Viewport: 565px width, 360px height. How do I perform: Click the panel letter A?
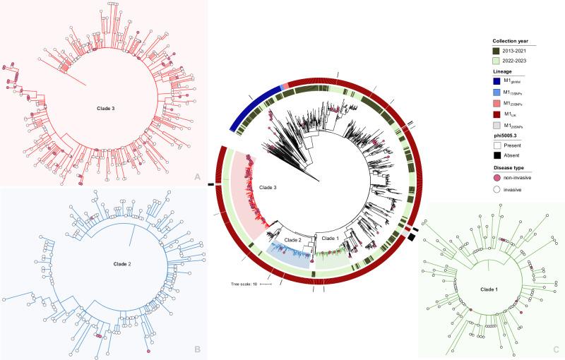coord(196,179)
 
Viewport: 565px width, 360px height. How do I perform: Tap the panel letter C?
coord(556,349)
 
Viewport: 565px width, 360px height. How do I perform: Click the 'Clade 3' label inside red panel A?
coord(107,109)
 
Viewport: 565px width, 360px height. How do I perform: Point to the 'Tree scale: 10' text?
coord(244,284)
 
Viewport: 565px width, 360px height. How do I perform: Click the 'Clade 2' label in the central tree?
coord(292,240)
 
